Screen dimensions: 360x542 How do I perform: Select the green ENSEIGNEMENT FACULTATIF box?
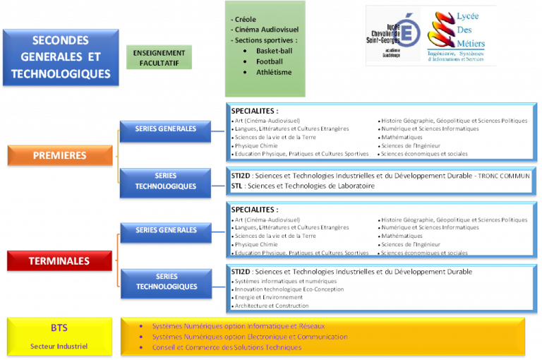pyautogui.click(x=159, y=58)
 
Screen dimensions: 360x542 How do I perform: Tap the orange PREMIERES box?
pyautogui.click(x=60, y=155)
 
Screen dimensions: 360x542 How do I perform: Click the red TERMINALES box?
pyautogui.click(x=59, y=261)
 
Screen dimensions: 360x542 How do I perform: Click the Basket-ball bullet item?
pyautogui.click(x=274, y=51)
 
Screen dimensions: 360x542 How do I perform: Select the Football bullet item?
pyautogui.click(x=269, y=61)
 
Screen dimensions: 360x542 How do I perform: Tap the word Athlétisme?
pyautogui.click(x=274, y=72)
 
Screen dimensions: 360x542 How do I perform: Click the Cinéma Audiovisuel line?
pyautogui.click(x=267, y=30)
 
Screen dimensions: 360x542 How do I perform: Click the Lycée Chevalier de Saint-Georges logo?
pyautogui.click(x=392, y=37)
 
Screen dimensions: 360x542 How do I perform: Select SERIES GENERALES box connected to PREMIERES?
pyautogui.click(x=166, y=129)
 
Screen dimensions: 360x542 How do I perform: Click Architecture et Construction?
pyautogui.click(x=272, y=306)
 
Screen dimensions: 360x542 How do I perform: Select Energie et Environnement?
pyautogui.click(x=269, y=297)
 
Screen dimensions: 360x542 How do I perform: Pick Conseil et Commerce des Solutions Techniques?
pyautogui.click(x=227, y=347)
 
